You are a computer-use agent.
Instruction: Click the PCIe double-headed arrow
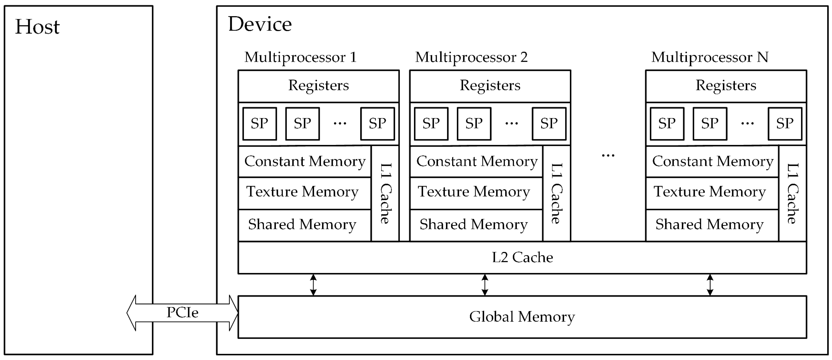182,313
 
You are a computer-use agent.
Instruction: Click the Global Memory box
522,317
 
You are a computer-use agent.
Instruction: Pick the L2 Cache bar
522,257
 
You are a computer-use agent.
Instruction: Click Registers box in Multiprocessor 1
318,86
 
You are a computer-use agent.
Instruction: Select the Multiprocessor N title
710,57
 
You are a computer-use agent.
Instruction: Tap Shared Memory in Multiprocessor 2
473,224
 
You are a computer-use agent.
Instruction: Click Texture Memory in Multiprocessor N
710,192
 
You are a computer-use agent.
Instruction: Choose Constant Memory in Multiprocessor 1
305,161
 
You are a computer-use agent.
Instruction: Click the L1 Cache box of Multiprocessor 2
556,193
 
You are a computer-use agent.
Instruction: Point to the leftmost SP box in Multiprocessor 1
260,123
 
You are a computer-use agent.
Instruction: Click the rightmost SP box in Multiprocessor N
785,123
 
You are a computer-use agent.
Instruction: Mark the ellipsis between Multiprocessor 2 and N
608,156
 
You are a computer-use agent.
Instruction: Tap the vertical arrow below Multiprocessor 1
313,285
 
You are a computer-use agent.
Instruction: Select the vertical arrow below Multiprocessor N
710,285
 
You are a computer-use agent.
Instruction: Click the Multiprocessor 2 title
471,57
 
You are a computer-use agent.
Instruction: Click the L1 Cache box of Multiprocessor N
792,193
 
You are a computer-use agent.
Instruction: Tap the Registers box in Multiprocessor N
726,86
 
